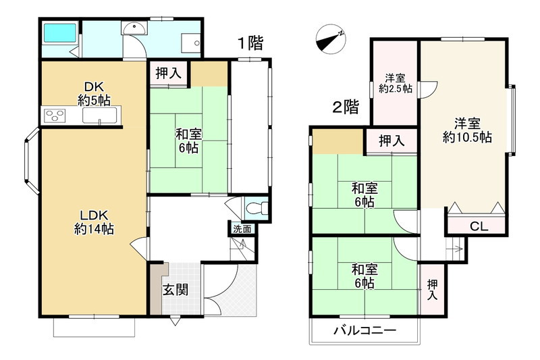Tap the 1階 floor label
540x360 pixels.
249,43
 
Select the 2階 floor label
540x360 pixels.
344,107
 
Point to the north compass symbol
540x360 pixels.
331,38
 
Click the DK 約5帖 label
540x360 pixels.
93,94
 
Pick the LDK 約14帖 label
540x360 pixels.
93,222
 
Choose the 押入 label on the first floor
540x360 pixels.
169,74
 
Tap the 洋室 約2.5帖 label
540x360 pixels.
395,82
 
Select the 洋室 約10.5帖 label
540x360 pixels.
466,130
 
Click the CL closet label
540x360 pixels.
479,226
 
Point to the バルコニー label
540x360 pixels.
364,331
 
